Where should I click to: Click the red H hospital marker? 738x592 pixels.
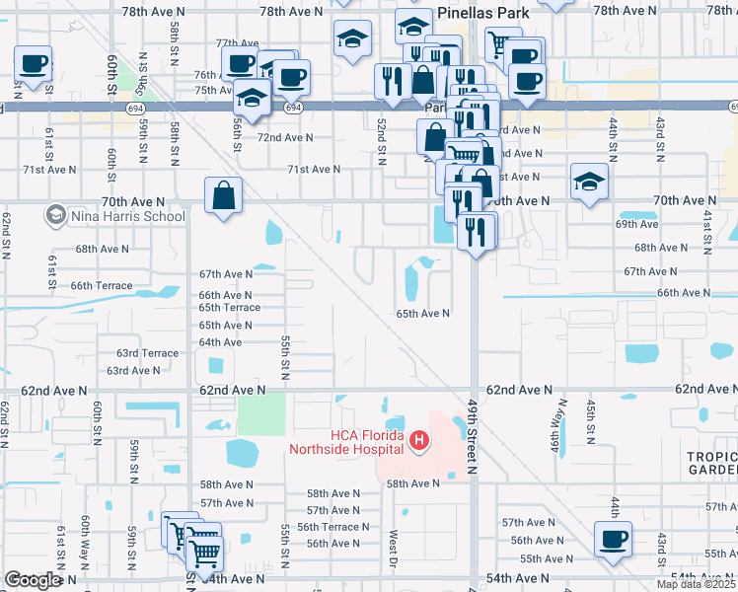pos(419,439)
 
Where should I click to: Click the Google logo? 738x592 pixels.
pos(33,580)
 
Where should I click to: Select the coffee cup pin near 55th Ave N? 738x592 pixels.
pos(613,541)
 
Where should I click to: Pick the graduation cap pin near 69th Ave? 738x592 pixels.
pos(589,182)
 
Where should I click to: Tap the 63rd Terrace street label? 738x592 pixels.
pos(148,352)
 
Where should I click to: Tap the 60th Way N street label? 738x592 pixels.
pos(87,538)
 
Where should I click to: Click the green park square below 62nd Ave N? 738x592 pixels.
pos(261,413)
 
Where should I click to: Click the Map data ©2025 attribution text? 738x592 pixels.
pos(696,584)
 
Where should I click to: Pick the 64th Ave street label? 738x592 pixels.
pos(220,342)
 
